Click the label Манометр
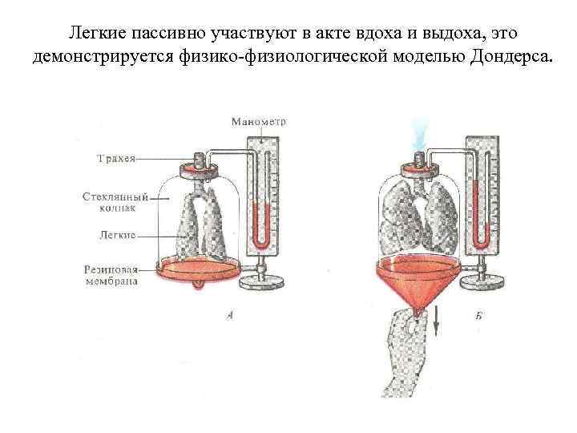point(258,122)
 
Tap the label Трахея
point(113,159)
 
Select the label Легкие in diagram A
point(115,235)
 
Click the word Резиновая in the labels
point(109,269)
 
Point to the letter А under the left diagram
point(230,317)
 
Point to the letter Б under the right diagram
point(478,317)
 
